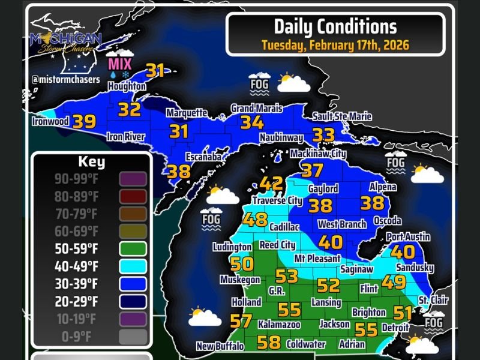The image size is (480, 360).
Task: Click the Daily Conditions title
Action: point(335,26)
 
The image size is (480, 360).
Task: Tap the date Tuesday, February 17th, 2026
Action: point(335,44)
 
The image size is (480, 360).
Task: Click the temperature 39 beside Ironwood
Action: point(84,122)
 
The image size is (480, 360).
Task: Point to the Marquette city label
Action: point(187,113)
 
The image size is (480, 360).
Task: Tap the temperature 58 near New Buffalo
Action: point(268,343)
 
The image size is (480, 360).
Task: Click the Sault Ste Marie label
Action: point(342,116)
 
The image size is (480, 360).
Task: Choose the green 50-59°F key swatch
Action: point(133,248)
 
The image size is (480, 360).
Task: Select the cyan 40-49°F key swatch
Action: point(133,266)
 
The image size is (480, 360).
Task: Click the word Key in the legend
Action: point(91,162)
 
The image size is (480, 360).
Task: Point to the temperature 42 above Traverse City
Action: point(271,184)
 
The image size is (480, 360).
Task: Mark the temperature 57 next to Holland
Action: point(241,321)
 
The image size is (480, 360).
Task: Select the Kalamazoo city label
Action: point(279,324)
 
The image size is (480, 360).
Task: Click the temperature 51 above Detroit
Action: point(403,313)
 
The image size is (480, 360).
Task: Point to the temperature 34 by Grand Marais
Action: point(252,122)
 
